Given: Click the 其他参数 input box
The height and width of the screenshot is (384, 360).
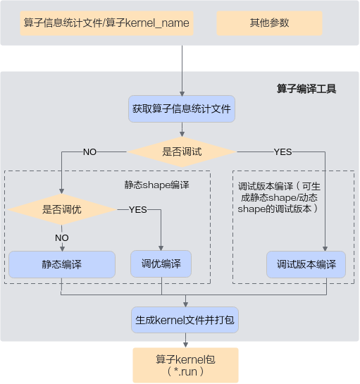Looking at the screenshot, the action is click(x=269, y=23).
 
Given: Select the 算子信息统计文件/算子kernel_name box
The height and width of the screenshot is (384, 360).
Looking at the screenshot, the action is click(x=106, y=23).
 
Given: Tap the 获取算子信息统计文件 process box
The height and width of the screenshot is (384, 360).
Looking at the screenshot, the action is click(x=182, y=109).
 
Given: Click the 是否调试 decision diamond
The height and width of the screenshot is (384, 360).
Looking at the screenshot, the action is click(x=182, y=151).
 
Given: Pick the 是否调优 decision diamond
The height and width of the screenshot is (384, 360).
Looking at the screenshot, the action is click(x=62, y=210).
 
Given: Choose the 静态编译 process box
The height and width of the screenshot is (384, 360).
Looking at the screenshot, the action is click(x=62, y=264).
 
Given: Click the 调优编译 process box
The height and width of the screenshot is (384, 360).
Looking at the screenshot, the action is click(x=161, y=264).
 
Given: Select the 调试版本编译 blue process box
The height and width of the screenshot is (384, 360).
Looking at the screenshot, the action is click(x=306, y=264).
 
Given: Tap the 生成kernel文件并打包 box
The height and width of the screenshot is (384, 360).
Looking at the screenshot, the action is click(x=185, y=320).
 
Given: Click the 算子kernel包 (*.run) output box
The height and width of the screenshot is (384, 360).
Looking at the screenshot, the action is click(x=185, y=365).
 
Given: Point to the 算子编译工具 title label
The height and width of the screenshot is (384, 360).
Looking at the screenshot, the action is click(x=306, y=89).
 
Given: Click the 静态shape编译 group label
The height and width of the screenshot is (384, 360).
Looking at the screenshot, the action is click(x=156, y=185).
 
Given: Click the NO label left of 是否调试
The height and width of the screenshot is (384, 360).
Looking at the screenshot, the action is click(x=90, y=151).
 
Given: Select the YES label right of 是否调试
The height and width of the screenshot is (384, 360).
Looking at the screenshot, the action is click(x=283, y=151).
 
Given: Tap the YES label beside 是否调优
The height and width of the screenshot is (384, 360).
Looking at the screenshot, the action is click(x=138, y=210).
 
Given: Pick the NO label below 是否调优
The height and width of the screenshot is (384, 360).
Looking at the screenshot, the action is click(x=62, y=237).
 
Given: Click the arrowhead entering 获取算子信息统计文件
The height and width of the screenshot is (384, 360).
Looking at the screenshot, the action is click(x=182, y=94).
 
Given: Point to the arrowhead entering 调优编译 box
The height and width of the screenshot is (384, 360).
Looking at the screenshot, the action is click(x=161, y=248).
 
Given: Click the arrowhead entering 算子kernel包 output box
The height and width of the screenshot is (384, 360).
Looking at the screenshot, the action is click(x=185, y=345).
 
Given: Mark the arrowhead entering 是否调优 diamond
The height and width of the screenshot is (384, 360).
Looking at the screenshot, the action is click(x=62, y=192).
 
